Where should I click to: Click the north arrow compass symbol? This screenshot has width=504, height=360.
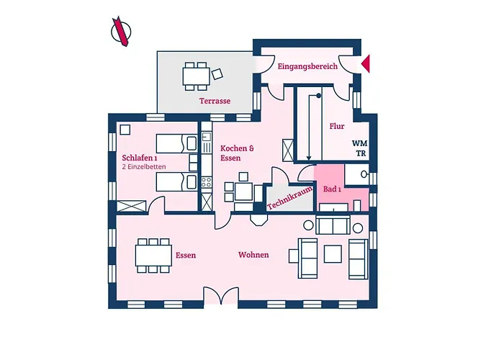pyautogui.click(x=121, y=32)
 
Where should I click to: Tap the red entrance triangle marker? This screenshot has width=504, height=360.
pyautogui.click(x=366, y=63)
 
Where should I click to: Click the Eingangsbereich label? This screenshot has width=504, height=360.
pyautogui.click(x=307, y=66)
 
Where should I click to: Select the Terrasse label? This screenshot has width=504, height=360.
pyautogui.click(x=215, y=101)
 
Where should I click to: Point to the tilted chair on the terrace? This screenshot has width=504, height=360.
pyautogui.click(x=217, y=74)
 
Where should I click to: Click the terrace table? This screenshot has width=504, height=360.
pyautogui.click(x=196, y=76)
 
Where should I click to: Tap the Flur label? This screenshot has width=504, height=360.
pyautogui.click(x=337, y=126)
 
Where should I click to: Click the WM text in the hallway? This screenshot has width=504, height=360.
pyautogui.click(x=359, y=143)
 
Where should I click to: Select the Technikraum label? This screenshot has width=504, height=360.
pyautogui.click(x=289, y=198)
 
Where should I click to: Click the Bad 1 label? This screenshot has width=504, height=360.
pyautogui.click(x=332, y=189)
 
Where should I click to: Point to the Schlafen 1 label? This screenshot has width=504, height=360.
pyautogui.click(x=140, y=158)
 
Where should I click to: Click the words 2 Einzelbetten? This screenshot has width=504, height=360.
pyautogui.click(x=144, y=167)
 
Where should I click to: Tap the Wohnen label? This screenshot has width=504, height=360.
pyautogui.click(x=253, y=255)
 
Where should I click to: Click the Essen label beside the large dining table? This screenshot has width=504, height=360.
pyautogui.click(x=186, y=255)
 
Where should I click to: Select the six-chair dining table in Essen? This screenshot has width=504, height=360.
pyautogui.click(x=153, y=256)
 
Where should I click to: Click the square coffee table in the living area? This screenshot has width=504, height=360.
pyautogui.click(x=333, y=254)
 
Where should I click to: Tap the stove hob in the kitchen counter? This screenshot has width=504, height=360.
pyautogui.click(x=206, y=183)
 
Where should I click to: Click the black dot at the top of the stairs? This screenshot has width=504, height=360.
pyautogui.click(x=318, y=96)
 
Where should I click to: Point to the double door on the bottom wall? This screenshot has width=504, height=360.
pyautogui.click(x=221, y=295)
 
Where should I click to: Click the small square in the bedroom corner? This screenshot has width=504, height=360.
pyautogui.click(x=125, y=130)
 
